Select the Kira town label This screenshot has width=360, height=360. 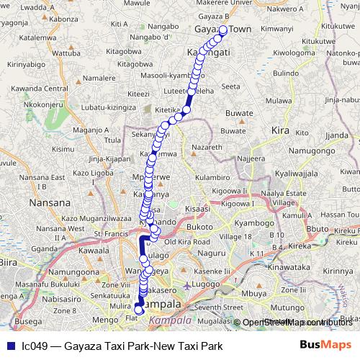pos(279,130)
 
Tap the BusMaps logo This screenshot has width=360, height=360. pos(325,346)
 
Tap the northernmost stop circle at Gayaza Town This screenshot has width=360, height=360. pos(223,30)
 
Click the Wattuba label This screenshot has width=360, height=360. pos(67,53)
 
